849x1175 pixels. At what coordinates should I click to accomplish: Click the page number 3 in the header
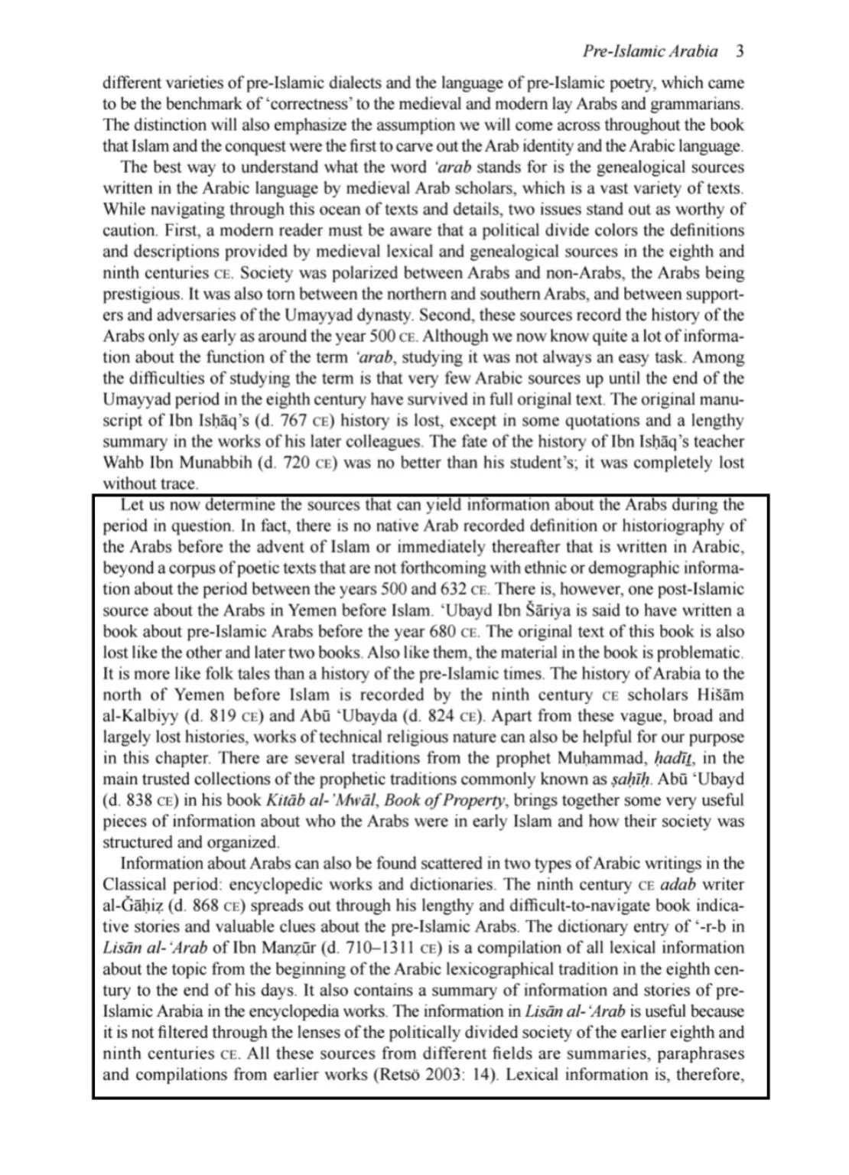point(740,51)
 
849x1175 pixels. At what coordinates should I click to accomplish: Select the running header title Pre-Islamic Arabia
point(649,51)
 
